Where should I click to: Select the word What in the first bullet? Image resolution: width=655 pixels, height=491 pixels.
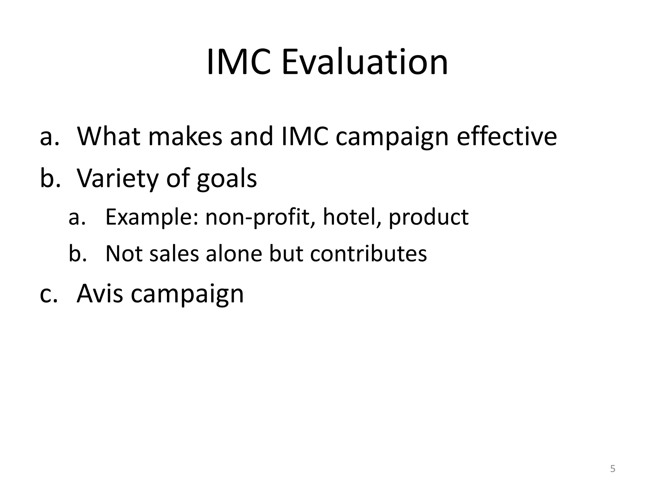[109, 136]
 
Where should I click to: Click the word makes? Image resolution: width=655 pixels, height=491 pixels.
[185, 136]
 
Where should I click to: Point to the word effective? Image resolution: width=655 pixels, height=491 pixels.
[507, 136]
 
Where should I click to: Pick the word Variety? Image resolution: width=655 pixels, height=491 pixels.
[117, 178]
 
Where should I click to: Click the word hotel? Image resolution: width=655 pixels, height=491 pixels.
[352, 217]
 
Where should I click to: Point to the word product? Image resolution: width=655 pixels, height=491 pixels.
[429, 217]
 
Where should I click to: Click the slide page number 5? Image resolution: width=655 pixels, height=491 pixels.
[612, 469]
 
